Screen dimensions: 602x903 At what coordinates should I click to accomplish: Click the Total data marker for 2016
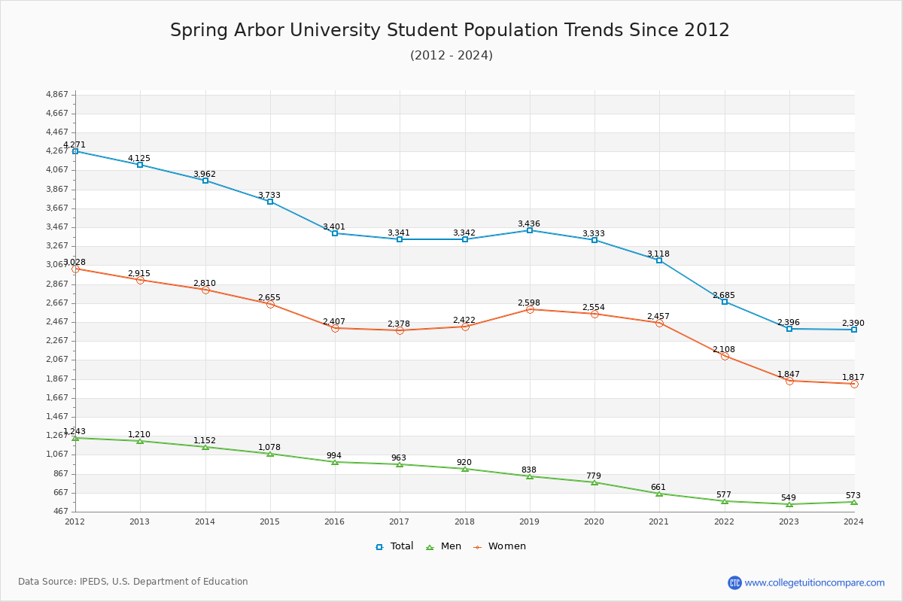pos(335,233)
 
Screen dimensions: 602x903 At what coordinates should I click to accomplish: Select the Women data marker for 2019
pos(530,309)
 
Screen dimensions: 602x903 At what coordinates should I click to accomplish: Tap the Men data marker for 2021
pos(659,494)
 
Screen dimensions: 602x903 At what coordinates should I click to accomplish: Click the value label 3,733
pos(269,195)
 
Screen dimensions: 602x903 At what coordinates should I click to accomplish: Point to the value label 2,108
pos(724,349)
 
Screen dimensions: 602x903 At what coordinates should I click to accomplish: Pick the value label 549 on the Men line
pos(789,497)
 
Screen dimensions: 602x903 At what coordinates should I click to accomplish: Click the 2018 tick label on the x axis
pos(464,521)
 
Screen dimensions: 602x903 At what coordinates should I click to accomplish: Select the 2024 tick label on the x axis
pos(853,521)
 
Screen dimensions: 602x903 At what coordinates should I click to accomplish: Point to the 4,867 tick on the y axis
pos(57,94)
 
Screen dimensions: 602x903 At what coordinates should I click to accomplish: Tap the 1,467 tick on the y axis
pos(57,416)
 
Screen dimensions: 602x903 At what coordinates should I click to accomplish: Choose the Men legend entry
pos(444,546)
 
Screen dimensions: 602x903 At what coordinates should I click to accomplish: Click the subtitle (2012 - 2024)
pos(451,55)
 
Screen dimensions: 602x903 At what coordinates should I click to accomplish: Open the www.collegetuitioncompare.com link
pos(814,582)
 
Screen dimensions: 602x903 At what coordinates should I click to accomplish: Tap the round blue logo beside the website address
pos(734,582)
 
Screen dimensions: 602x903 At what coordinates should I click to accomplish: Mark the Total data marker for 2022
pos(725,302)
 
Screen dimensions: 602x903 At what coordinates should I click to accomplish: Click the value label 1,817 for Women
pos(853,377)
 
